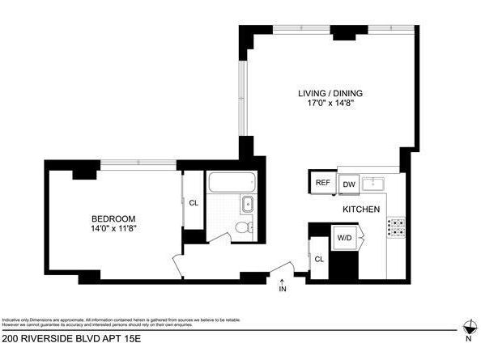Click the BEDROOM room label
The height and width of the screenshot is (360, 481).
(x=113, y=218)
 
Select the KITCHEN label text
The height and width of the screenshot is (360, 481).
(x=361, y=210)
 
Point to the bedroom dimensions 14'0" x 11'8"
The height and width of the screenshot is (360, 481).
(x=113, y=229)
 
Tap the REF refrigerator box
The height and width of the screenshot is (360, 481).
(x=321, y=184)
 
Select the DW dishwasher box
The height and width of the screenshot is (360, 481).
(x=349, y=184)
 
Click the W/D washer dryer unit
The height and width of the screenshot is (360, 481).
(x=344, y=238)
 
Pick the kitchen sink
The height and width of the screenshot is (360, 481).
(x=373, y=183)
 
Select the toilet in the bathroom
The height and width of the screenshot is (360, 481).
(x=241, y=229)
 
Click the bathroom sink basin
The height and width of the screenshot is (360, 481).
(x=247, y=204)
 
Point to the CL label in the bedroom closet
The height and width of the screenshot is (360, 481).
(x=194, y=202)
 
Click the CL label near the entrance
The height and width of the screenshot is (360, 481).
(x=319, y=259)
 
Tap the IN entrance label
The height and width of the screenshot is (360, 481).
(x=283, y=289)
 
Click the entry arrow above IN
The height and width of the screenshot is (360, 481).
(x=283, y=280)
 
